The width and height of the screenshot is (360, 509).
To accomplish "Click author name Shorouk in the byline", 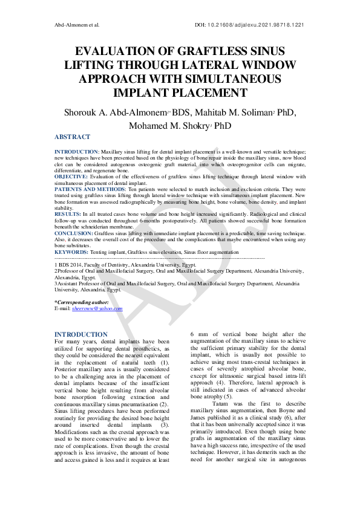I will [84, 113].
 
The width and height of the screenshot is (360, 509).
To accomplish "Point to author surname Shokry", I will [197, 126].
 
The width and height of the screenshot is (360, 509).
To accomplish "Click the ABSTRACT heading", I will [72, 137].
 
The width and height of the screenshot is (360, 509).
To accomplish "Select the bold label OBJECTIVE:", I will [71, 177].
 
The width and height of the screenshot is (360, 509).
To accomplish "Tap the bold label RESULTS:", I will [67, 214].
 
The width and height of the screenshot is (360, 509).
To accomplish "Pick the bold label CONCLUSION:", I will [74, 233].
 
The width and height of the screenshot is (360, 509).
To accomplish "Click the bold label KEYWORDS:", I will [71, 251].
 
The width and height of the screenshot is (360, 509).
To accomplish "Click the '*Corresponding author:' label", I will [82, 302].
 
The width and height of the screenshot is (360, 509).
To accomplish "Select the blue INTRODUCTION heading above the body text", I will [81, 334].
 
